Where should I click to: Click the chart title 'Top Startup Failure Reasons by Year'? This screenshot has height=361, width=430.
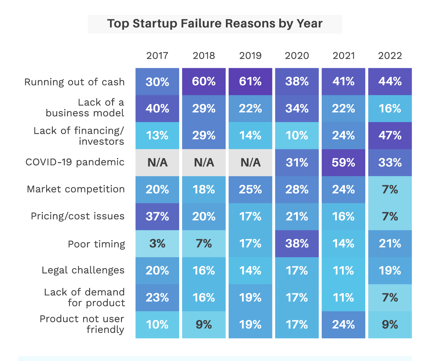215,24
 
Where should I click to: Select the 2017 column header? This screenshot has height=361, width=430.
157,56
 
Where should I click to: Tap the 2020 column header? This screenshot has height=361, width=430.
297,56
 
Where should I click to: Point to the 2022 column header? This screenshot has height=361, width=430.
390,56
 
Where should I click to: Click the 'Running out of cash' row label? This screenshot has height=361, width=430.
75,82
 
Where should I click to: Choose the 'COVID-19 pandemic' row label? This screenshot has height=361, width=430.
75,162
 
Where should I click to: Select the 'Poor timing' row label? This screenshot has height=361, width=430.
96,244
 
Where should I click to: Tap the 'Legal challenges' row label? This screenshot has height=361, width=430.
83,270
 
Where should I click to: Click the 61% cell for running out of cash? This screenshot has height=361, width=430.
250,82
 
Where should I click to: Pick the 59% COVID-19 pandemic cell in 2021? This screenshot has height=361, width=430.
343,163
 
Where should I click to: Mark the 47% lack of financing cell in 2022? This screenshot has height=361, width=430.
390,136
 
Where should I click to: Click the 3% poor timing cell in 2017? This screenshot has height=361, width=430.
157,244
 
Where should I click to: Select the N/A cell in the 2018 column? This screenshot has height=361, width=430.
204,163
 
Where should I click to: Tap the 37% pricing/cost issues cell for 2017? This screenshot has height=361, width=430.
157,216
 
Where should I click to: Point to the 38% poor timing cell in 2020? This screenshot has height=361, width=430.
297,244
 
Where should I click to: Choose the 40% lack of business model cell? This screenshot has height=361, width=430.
157,109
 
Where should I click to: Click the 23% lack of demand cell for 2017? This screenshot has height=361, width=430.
157,298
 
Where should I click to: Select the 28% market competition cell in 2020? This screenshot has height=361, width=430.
297,190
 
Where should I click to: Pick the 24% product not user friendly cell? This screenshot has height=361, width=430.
343,325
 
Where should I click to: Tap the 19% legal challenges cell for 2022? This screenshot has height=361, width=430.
390,271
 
